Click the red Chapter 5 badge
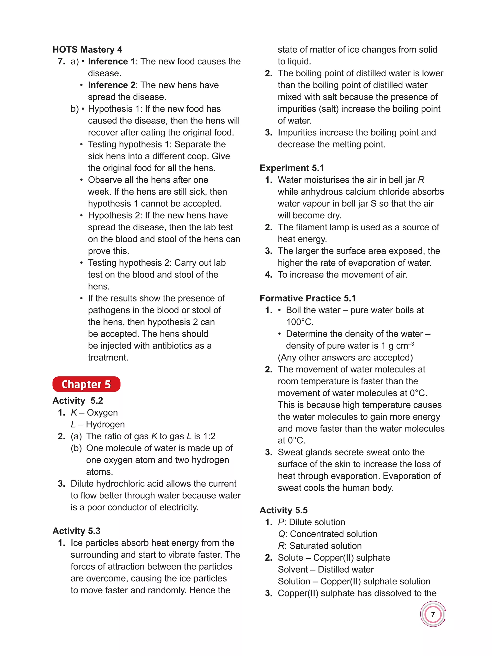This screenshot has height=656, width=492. (86, 384)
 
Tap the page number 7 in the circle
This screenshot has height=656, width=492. (433, 614)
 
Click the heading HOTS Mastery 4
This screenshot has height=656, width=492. (87, 49)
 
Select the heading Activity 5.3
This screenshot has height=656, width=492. (76, 531)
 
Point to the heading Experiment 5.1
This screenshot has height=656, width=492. (291, 168)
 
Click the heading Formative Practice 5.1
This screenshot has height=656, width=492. (307, 298)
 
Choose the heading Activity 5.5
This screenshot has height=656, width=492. (283, 510)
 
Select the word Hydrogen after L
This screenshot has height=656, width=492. (105, 424)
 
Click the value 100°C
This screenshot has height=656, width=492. (300, 322)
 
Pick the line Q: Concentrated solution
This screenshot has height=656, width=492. (327, 534)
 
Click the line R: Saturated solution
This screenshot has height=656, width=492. (320, 546)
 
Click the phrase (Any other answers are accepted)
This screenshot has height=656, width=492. (345, 357)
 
